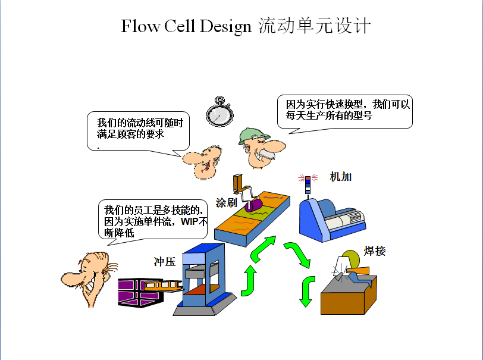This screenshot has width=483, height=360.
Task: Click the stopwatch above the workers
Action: (x=219, y=112)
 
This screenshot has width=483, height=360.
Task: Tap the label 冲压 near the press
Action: (x=165, y=262)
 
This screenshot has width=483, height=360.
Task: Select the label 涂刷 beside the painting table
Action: (x=227, y=202)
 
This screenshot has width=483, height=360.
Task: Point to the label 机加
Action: (x=341, y=177)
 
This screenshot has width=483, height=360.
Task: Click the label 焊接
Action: (x=375, y=251)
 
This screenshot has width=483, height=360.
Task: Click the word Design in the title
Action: (x=225, y=26)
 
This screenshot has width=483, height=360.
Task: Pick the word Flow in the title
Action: (x=140, y=26)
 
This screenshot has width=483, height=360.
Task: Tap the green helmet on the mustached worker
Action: (x=253, y=135)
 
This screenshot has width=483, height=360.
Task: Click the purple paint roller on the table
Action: (x=253, y=205)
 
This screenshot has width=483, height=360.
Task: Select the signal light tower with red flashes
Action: (x=308, y=184)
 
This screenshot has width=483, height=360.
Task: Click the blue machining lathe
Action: (x=332, y=220)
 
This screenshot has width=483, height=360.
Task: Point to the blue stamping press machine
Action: (x=204, y=280)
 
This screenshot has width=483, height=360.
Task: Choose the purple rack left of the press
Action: (x=140, y=293)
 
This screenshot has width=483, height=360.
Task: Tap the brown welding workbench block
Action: (x=349, y=295)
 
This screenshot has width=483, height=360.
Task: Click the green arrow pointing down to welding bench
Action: (x=307, y=291)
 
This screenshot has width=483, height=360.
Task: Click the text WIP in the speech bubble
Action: (x=190, y=221)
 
